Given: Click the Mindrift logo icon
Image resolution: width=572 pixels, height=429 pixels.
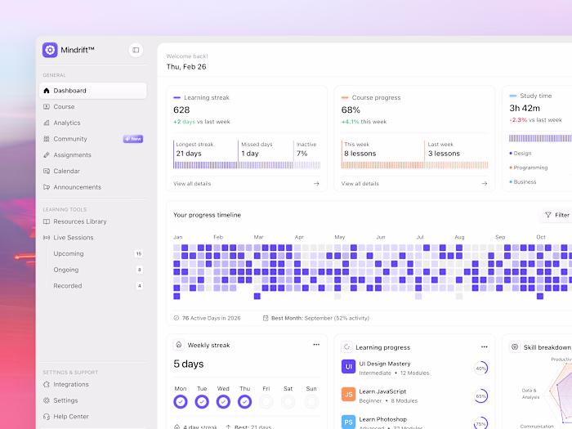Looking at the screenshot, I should click(50, 50).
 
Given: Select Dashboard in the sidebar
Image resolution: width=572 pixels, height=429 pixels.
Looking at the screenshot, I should click(69, 91).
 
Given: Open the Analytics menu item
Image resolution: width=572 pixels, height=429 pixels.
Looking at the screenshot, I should click(67, 123).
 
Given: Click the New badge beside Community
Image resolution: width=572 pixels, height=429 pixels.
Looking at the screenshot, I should click(133, 139).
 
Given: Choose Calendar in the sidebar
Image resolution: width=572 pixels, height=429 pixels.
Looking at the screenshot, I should click(66, 171).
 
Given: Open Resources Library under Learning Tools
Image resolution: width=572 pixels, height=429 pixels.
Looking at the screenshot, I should click(79, 221).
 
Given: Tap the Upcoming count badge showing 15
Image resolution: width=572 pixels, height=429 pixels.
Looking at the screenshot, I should click(139, 254).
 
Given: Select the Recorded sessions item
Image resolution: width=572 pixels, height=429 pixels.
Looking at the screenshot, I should click(67, 286).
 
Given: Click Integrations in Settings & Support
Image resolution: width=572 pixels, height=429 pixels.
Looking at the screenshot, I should click(71, 384).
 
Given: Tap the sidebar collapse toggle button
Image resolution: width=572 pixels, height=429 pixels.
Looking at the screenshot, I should click(136, 50).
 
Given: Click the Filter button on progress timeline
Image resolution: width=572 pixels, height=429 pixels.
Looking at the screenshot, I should click(556, 215).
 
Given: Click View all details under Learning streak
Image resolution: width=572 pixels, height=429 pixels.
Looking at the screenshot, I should click(192, 184).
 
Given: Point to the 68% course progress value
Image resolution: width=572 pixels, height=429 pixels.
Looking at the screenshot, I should click(351, 109).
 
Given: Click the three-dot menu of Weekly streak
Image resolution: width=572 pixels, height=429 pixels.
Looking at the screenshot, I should click(316, 345).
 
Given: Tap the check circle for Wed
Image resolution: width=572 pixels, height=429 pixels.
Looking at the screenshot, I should click(223, 401).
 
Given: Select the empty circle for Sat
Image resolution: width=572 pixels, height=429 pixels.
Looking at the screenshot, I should click(288, 401).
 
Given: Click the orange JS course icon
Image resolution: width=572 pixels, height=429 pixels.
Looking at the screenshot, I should click(348, 395).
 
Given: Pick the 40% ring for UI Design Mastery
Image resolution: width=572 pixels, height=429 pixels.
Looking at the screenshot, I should click(480, 369).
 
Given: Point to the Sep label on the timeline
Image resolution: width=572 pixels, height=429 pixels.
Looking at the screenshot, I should click(500, 237).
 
